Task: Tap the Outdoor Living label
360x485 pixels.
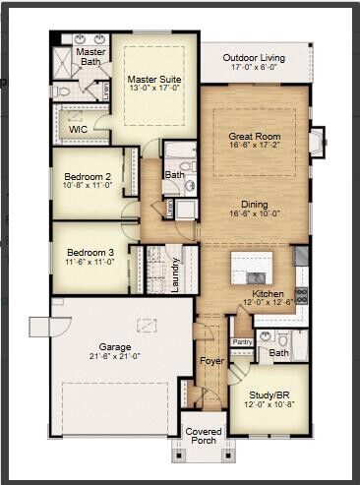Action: pos(253,58)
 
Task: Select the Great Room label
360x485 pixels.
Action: pos(254,136)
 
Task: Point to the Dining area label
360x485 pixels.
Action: pos(255,204)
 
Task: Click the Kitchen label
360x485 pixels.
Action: pos(268,293)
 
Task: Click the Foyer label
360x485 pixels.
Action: pos(211,361)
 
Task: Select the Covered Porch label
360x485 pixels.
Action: pos(204,434)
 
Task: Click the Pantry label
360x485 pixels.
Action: pos(242,341)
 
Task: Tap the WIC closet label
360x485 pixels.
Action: pos(78,129)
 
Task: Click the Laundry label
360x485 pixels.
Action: pos(175,268)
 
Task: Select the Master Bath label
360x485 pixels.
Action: pos(91,56)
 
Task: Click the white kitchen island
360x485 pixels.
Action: pos(252,267)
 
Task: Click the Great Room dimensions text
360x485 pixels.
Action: pos(254,146)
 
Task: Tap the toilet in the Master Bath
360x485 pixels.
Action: pos(61,91)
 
